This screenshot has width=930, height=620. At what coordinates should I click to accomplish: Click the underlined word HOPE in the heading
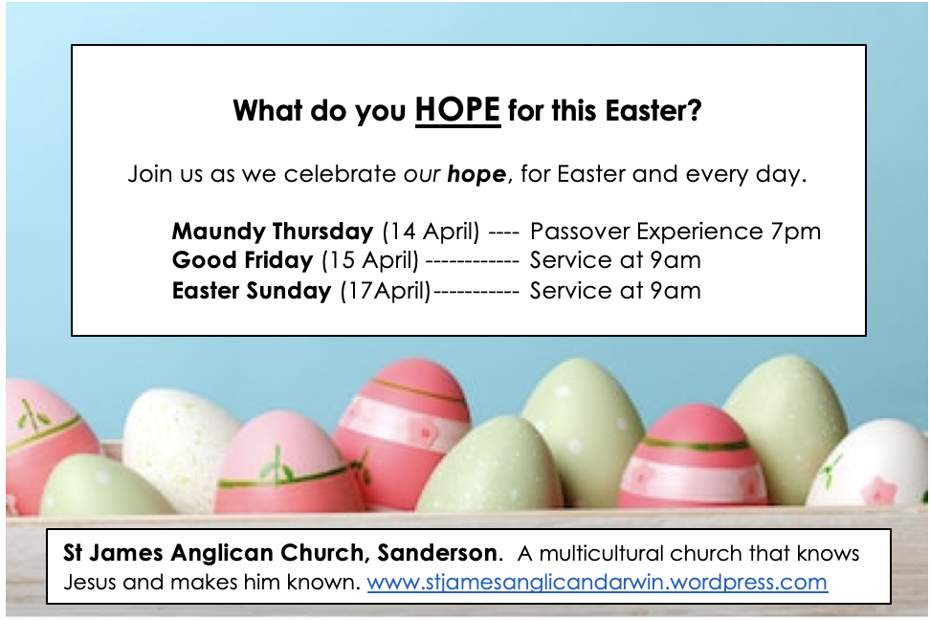point(458,110)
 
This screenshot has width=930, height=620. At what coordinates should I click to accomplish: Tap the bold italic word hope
point(476,174)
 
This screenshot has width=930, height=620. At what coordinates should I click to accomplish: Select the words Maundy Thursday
point(273,232)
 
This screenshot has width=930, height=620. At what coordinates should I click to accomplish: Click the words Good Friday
point(243,260)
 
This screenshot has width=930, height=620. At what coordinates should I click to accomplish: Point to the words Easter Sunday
point(252,291)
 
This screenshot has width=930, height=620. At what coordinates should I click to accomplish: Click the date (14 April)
point(431,232)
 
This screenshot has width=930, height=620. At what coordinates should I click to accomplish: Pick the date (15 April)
point(370,260)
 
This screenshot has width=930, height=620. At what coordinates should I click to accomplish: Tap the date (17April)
point(386,291)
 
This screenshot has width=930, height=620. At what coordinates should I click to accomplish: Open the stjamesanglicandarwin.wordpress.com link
point(597,583)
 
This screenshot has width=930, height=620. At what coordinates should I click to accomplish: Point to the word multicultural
point(600,554)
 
